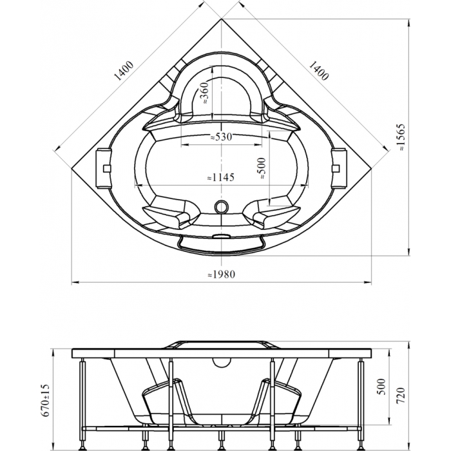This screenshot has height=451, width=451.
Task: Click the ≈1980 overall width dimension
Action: (221, 274)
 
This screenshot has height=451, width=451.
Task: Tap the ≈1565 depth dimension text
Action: (401, 137)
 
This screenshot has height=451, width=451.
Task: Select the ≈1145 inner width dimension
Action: (221, 177)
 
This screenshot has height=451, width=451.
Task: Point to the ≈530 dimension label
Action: (221, 137)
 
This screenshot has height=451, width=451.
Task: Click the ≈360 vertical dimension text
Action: (204, 93)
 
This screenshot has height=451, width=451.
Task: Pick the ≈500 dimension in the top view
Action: (262, 168)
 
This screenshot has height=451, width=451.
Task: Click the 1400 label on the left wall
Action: (124, 71)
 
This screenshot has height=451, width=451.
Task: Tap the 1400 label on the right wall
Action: (318, 71)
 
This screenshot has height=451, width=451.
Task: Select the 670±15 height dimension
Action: (46, 401)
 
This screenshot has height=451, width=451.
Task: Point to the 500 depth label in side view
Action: (381, 387)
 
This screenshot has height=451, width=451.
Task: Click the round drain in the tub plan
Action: (222, 207)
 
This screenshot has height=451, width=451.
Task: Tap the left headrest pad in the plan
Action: (104, 168)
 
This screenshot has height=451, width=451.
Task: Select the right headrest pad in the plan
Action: (339, 168)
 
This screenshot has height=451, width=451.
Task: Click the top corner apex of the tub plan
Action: (221, 19)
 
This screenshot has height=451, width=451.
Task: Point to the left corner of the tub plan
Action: (72, 169)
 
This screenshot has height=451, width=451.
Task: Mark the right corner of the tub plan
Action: (371, 169)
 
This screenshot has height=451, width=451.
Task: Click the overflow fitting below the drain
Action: (221, 236)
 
